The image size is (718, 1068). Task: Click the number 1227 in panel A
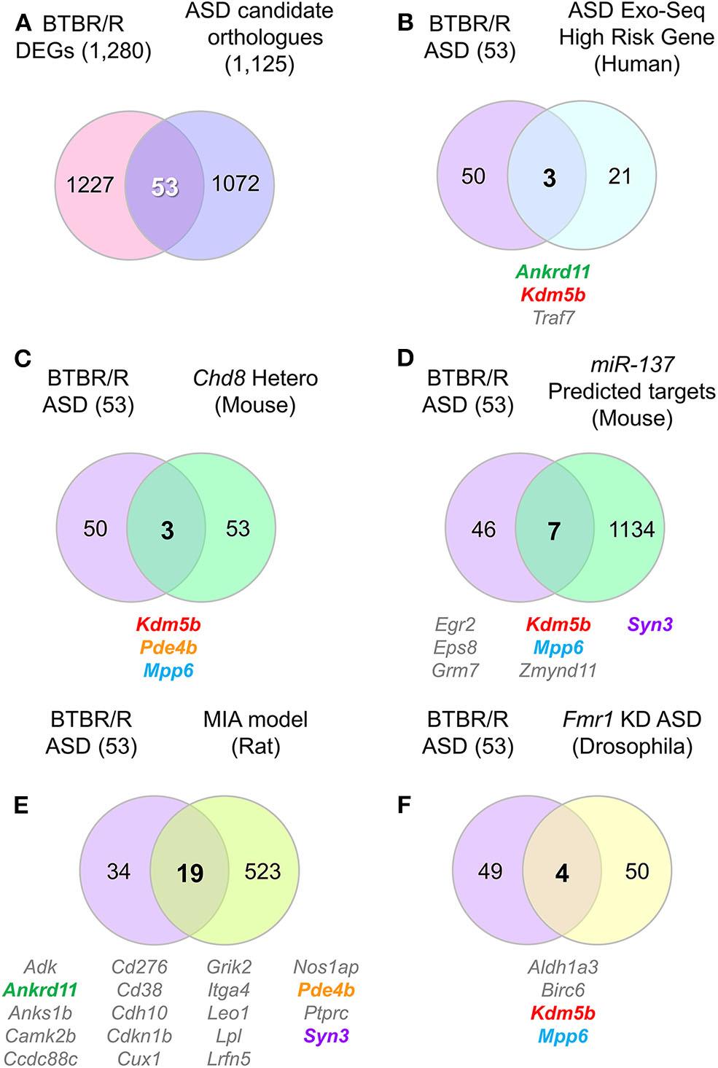pyautogui.click(x=90, y=185)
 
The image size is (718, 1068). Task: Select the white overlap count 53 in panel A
pyautogui.click(x=165, y=187)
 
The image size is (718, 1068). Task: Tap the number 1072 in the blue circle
pyautogui.click(x=235, y=184)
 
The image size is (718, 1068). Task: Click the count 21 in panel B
pyautogui.click(x=620, y=176)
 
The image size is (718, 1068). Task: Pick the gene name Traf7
pyautogui.click(x=553, y=318)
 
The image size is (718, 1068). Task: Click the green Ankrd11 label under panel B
pyautogui.click(x=553, y=272)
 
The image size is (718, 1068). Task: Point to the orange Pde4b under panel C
pyautogui.click(x=168, y=648)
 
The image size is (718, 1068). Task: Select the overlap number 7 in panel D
pyautogui.click(x=554, y=531)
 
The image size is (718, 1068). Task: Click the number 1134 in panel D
pyautogui.click(x=631, y=530)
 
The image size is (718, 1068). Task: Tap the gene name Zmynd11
pyautogui.click(x=558, y=670)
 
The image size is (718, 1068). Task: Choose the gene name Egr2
pyautogui.click(x=455, y=624)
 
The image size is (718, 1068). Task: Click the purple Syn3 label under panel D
pyautogui.click(x=649, y=624)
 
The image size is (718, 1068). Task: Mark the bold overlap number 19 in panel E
pyautogui.click(x=190, y=873)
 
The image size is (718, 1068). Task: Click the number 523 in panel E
pyautogui.click(x=262, y=871)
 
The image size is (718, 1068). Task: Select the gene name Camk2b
pyautogui.click(x=40, y=1036)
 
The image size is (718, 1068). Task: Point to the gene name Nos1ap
pyautogui.click(x=326, y=967)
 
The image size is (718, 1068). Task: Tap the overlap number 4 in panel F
pyautogui.click(x=562, y=873)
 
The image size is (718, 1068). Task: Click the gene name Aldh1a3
pyautogui.click(x=563, y=967)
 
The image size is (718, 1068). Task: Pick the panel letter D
pyautogui.click(x=405, y=358)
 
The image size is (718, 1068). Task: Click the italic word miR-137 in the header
pyautogui.click(x=632, y=364)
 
